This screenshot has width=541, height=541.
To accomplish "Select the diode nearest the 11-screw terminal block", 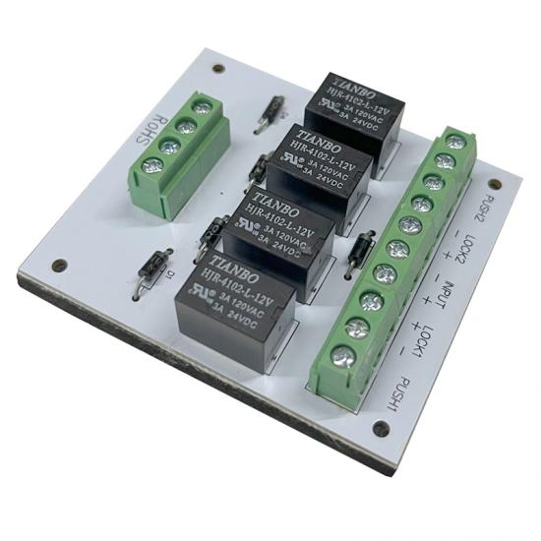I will pyautogui.click(x=363, y=243).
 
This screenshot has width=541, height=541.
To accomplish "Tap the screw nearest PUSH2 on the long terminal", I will pyautogui.click(x=454, y=143).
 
